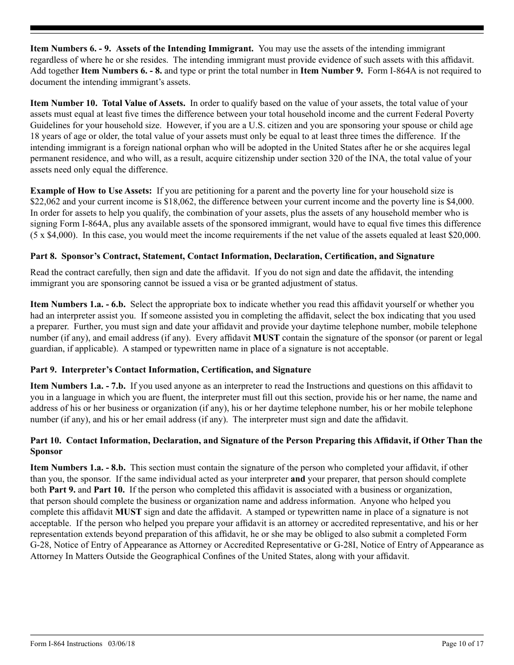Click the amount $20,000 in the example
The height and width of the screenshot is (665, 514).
pos(463,235)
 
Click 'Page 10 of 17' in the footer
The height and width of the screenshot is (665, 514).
pos(463,644)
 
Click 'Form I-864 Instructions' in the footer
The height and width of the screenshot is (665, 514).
pos(66,644)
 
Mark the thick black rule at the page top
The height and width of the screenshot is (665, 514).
pos(257,28)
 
